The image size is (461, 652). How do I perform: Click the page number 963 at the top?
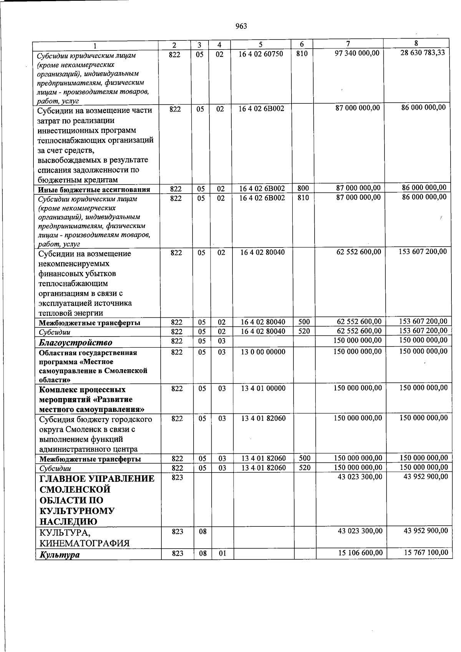click(241, 26)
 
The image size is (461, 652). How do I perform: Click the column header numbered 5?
click(260, 45)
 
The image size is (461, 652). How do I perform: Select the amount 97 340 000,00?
click(358, 53)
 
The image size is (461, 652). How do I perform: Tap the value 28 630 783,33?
click(422, 53)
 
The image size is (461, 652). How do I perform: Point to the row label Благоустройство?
click(75, 342)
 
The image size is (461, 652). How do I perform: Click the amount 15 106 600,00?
click(360, 552)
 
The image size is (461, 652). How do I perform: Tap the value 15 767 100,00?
click(426, 552)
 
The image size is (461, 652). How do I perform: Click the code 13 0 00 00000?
click(263, 352)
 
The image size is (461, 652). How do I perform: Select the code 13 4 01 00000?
click(263, 388)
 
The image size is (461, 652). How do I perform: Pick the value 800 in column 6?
click(303, 188)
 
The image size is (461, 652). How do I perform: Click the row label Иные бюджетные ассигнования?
click(94, 189)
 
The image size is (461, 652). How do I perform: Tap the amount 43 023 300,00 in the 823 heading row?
click(360, 477)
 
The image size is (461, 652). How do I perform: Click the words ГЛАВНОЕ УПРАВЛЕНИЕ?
click(97, 479)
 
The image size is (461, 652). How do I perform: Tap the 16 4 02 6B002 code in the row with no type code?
click(261, 109)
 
